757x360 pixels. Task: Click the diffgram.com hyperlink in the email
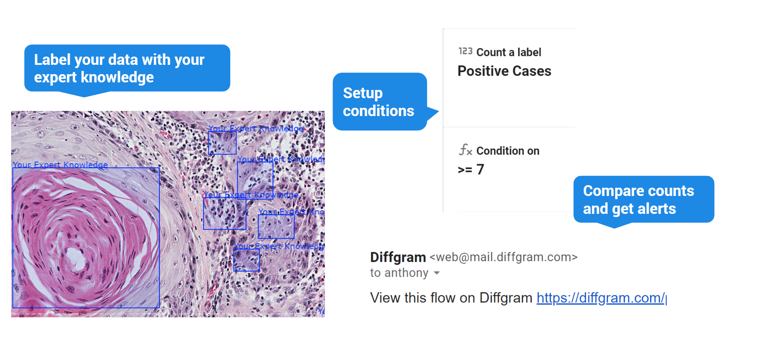click(601, 298)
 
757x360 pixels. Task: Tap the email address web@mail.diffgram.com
click(503, 257)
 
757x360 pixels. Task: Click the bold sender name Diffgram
click(398, 257)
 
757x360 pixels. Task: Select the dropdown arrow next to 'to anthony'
click(436, 273)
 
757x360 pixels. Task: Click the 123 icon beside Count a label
click(465, 52)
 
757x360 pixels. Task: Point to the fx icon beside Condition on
click(465, 150)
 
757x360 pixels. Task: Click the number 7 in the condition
click(480, 169)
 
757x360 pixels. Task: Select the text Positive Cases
click(504, 71)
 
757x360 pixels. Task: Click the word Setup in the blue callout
click(363, 93)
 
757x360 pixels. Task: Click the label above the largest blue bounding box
click(60, 164)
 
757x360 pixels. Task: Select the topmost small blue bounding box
click(222, 143)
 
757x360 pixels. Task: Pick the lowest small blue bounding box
click(246, 260)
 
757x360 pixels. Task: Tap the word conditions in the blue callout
click(378, 111)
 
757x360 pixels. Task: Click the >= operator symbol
click(465, 169)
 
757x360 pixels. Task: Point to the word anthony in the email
click(406, 273)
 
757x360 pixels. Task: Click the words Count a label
click(509, 52)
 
